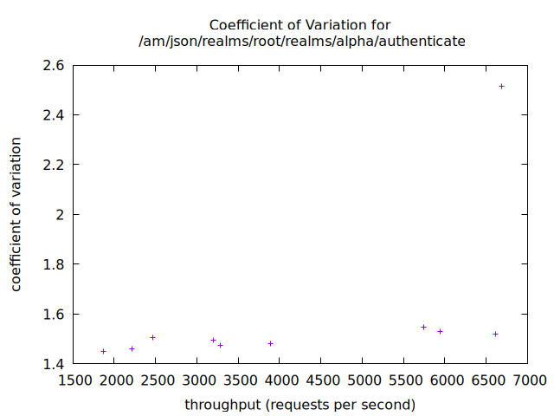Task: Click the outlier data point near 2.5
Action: click(x=501, y=86)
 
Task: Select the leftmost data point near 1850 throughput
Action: click(x=103, y=351)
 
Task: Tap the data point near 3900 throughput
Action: click(x=270, y=343)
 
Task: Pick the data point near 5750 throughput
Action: click(x=423, y=327)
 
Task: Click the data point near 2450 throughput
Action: click(x=152, y=337)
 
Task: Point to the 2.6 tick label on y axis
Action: click(x=54, y=65)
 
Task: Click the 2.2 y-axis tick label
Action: click(x=54, y=165)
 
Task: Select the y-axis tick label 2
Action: click(x=61, y=214)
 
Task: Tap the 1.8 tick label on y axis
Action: click(x=54, y=264)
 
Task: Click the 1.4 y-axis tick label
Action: click(x=54, y=364)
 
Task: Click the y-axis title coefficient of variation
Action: click(x=16, y=214)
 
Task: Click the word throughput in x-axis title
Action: click(x=222, y=405)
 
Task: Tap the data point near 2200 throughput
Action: click(x=132, y=348)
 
